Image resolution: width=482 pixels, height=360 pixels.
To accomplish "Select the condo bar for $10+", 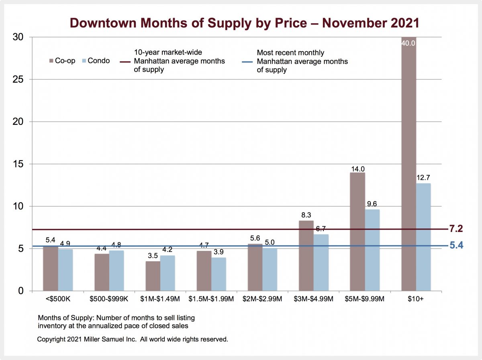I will click(x=423, y=237).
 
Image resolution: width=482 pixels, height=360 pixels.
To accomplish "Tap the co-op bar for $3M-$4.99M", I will click(x=306, y=256).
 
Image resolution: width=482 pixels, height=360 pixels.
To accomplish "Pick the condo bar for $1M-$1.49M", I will click(x=167, y=273).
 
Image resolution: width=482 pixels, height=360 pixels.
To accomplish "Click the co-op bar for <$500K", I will click(x=51, y=268).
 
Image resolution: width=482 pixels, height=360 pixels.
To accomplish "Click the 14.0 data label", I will click(x=357, y=169).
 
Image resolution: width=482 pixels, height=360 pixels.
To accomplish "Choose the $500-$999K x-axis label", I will click(x=109, y=299).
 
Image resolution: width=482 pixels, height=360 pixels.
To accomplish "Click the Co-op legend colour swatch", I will click(x=51, y=61).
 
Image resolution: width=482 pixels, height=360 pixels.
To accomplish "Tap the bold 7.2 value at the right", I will click(x=456, y=229).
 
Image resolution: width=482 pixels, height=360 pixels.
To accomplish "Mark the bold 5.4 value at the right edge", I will click(x=456, y=246).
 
